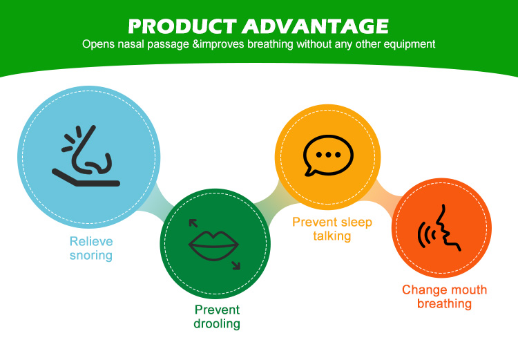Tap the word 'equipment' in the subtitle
pos(413,44)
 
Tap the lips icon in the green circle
pos(214,243)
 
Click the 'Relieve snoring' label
pos(90,249)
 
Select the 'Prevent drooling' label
pos(218,316)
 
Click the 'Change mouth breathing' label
pos(444,296)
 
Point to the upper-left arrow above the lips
pos(193,222)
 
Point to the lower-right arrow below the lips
pos(236,265)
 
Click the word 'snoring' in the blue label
pos(90,256)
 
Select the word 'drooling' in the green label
pos(218,323)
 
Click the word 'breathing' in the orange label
pos(444,303)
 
